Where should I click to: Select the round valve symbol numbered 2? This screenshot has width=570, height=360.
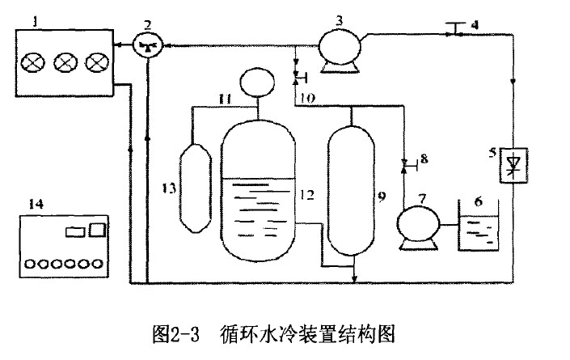[146, 46]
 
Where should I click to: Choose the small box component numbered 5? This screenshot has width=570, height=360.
[511, 167]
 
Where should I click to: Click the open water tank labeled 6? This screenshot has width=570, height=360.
[478, 227]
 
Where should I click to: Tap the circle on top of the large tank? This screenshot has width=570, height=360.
[257, 83]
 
